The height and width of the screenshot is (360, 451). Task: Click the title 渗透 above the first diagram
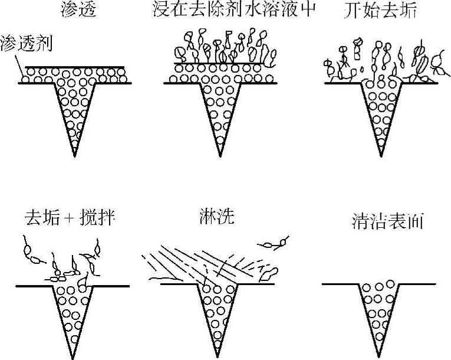[77, 10]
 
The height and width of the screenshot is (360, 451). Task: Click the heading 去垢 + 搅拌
[70, 219]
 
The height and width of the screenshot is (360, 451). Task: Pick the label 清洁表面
[386, 222]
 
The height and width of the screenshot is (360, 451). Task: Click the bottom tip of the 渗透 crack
[75, 156]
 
